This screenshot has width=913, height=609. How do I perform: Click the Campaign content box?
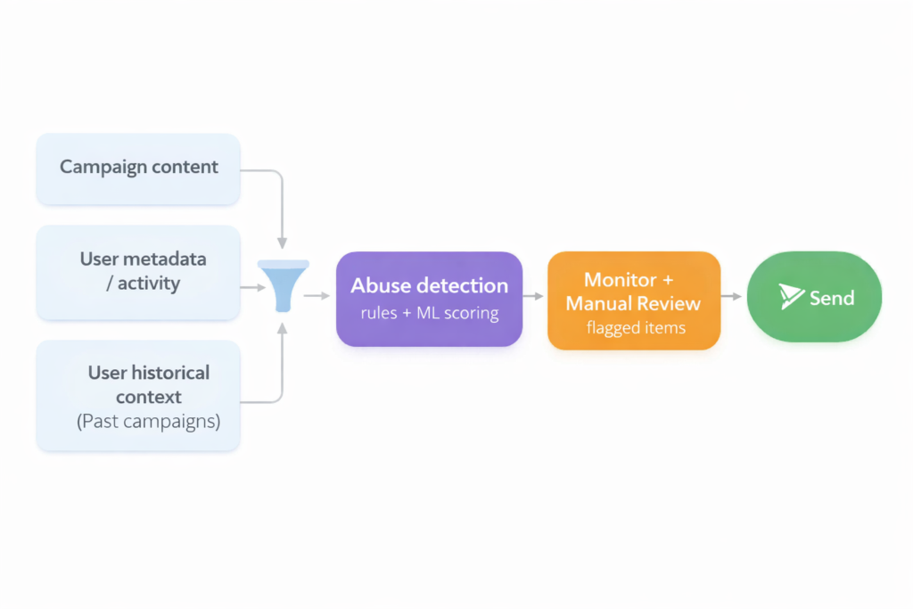coord(138,169)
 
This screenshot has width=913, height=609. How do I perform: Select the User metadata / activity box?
coord(138,272)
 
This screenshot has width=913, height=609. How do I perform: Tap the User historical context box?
coord(138,395)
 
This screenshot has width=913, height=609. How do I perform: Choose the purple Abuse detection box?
coord(429,299)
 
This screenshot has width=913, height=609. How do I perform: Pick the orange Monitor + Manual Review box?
coord(633,300)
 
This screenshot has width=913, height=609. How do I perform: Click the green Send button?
coord(814,297)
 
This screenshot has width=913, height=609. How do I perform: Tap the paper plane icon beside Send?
coord(790,297)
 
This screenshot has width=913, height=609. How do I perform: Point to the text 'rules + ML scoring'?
coord(429,314)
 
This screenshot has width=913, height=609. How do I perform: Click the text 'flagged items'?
coord(636,328)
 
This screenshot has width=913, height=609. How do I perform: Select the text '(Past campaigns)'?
coord(148,421)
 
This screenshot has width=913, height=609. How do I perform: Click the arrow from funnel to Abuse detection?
coord(317,295)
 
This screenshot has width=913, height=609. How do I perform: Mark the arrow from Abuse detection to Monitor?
coord(534,295)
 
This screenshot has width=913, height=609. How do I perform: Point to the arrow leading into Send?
coord(732,295)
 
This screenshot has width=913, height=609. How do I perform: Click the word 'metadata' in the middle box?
coord(165,259)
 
